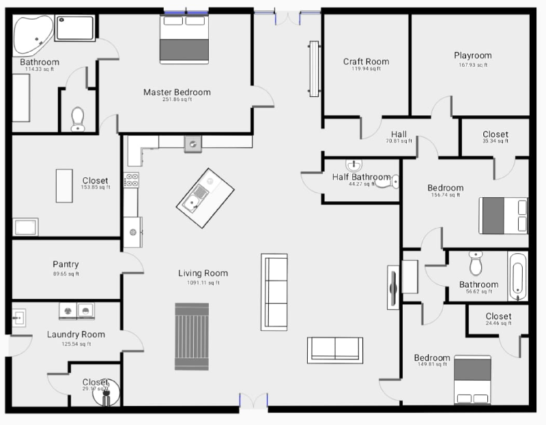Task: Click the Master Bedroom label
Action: [x=177, y=92]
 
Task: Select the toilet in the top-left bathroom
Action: [x=78, y=119]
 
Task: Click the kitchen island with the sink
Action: [x=201, y=191]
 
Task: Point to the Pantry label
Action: [x=66, y=265]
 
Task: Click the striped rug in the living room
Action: [x=192, y=336]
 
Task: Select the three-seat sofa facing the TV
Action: [x=275, y=291]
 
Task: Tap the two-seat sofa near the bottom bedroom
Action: [x=334, y=349]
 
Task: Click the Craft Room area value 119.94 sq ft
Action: [x=366, y=69]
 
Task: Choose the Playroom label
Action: [x=472, y=56]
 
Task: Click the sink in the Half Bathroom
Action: [x=354, y=166]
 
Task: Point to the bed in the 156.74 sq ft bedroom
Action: [x=504, y=216]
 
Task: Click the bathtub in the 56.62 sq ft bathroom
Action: [x=518, y=276]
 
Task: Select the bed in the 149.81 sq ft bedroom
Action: [x=472, y=380]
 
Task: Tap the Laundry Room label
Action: [x=76, y=334]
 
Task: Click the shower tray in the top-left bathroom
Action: [x=75, y=28]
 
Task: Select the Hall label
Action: [x=399, y=134]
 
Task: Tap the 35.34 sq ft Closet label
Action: [x=495, y=134]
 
